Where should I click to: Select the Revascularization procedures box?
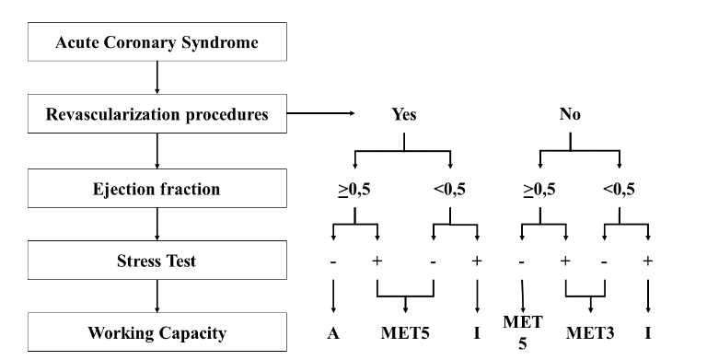[159, 116]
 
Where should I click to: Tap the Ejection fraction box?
[159, 189]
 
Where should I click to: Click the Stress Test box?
[159, 261]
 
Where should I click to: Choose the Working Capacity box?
[159, 332]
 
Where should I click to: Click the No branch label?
[571, 117]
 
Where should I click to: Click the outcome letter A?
[331, 333]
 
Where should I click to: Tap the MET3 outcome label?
[591, 333]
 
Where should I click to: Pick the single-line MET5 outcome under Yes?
[406, 333]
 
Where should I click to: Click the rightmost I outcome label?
[648, 333]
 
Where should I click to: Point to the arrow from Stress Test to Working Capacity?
[159, 296]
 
